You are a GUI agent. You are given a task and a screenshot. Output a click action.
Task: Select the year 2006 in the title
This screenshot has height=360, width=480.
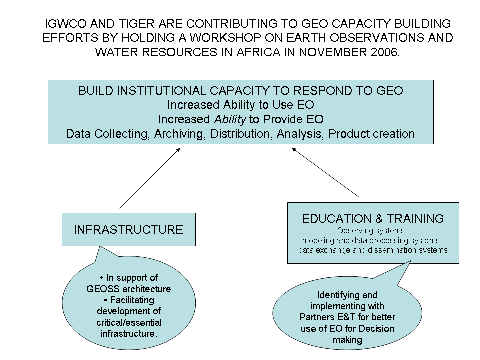(385, 52)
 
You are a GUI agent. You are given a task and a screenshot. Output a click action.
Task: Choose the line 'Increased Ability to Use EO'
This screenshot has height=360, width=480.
(240, 105)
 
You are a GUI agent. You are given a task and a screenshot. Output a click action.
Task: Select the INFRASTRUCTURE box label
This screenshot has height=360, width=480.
(128, 230)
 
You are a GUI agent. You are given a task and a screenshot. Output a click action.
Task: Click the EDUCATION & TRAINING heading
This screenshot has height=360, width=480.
(373, 218)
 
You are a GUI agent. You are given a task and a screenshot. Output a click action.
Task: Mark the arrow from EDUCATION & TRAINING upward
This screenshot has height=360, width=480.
(325, 172)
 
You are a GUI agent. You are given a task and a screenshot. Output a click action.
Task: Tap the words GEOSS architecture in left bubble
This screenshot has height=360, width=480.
(129, 289)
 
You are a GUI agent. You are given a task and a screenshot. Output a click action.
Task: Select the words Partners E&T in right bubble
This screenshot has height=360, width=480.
(325, 317)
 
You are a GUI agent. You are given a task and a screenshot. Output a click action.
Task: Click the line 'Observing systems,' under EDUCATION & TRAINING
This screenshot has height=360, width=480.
(372, 231)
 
